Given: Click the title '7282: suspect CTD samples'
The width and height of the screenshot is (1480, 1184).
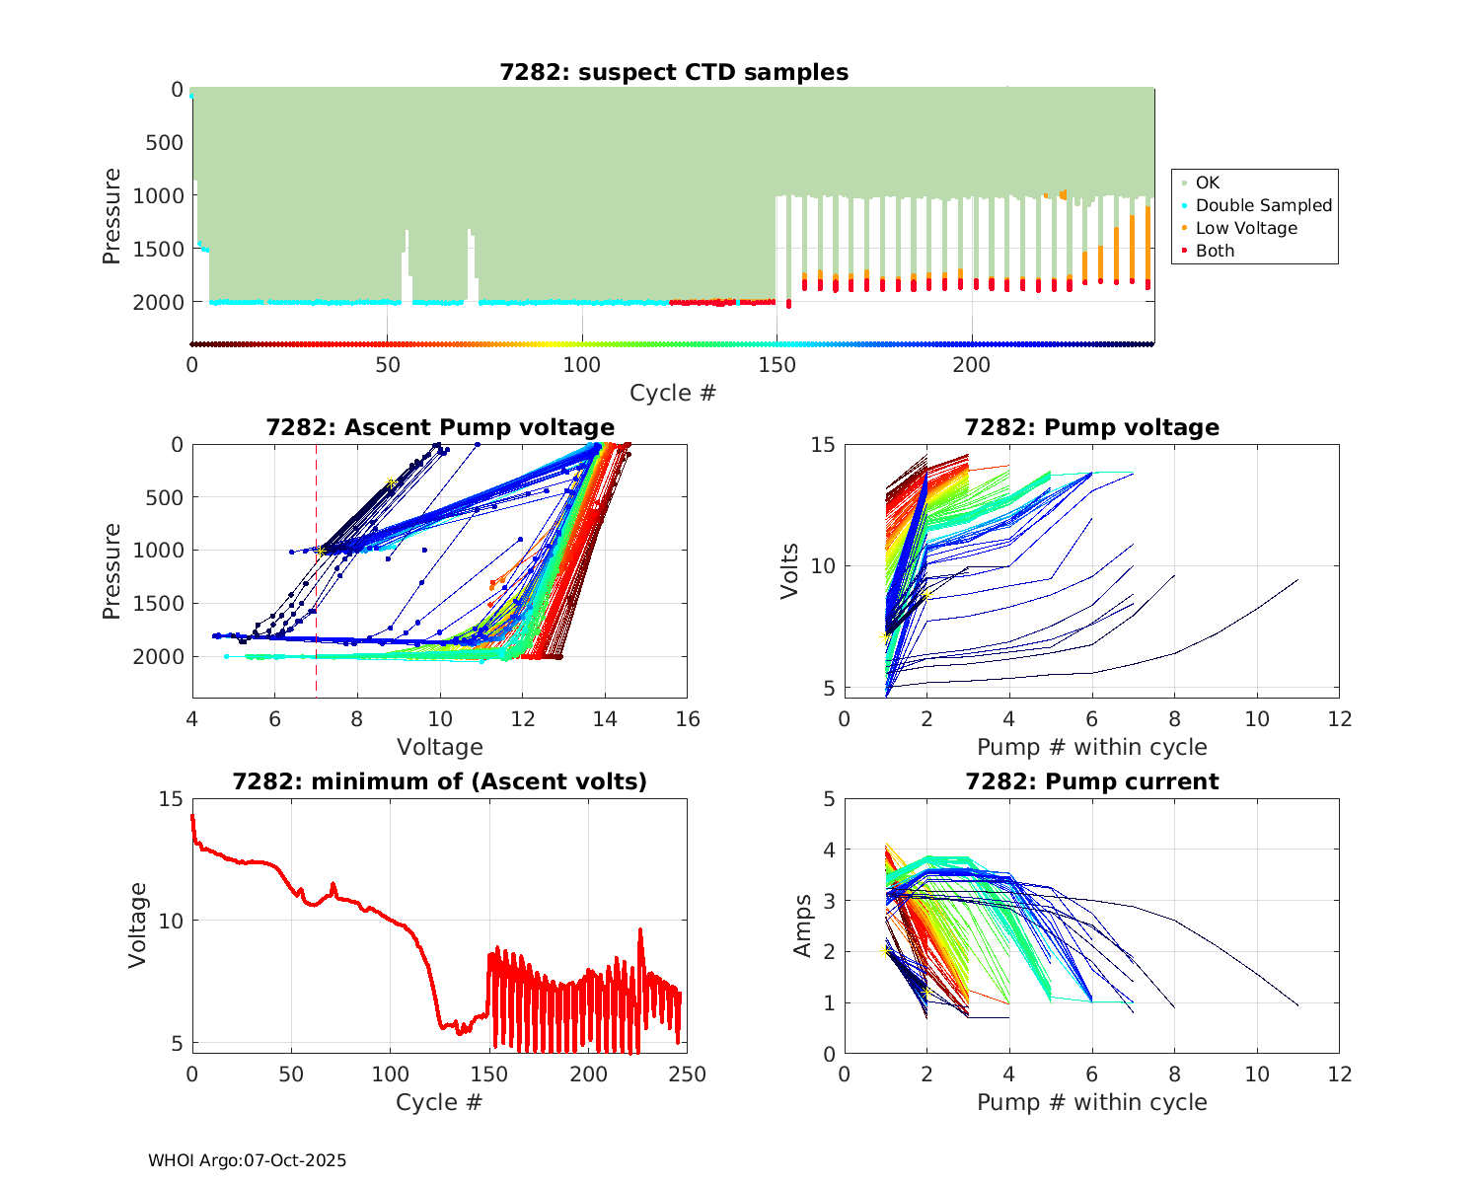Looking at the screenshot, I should pyautogui.click(x=674, y=72).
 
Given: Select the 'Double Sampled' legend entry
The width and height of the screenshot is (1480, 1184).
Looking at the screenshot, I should pyautogui.click(x=1263, y=205).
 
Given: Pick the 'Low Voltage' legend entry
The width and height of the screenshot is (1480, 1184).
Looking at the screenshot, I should pyautogui.click(x=1245, y=228).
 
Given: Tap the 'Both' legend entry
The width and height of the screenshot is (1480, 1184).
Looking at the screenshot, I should pyautogui.click(x=1215, y=251).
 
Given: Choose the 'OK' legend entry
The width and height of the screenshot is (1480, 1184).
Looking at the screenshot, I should pyautogui.click(x=1207, y=183).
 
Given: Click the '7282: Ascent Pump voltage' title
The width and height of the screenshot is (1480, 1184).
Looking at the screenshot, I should pyautogui.click(x=440, y=427).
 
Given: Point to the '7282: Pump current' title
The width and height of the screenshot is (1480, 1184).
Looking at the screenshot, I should pyautogui.click(x=1091, y=781).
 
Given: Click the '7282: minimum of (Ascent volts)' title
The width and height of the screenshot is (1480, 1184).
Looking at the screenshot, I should pyautogui.click(x=440, y=781).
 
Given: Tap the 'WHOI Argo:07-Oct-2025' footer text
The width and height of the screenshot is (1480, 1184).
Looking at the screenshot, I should pyautogui.click(x=248, y=1160).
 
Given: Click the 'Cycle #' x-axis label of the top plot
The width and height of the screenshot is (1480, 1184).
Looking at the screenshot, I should pyautogui.click(x=673, y=393).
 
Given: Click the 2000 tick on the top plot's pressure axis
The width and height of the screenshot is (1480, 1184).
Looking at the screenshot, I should pyautogui.click(x=158, y=302).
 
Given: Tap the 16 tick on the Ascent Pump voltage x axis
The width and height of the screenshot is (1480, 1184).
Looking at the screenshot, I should pyautogui.click(x=688, y=719).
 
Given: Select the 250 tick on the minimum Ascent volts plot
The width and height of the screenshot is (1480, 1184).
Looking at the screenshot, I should pyautogui.click(x=688, y=1073).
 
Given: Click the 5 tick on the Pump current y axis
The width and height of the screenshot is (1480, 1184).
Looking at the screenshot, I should pyautogui.click(x=829, y=799).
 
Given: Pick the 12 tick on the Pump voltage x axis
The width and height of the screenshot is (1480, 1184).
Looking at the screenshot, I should pyautogui.click(x=1340, y=719).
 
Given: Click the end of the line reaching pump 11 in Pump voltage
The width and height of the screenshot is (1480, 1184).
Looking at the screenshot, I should pyautogui.click(x=1297, y=580).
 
